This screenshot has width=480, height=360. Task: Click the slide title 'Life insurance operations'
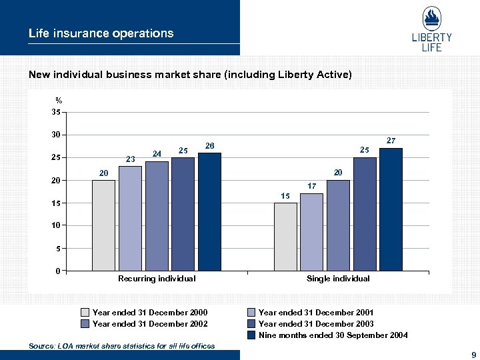click(101, 33)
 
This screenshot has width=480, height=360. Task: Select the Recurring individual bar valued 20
click(103, 225)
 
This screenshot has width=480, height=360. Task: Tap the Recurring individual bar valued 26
click(209, 212)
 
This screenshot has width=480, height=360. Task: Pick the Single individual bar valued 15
click(285, 237)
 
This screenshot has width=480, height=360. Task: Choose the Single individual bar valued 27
click(391, 209)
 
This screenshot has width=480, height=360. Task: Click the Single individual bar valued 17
click(311, 232)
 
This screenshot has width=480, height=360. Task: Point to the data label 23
click(131, 159)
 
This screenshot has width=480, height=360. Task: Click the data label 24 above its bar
click(157, 154)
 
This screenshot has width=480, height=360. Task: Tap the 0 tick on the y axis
click(59, 271)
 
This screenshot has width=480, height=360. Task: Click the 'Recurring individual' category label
click(157, 279)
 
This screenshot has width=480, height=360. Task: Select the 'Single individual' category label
click(338, 279)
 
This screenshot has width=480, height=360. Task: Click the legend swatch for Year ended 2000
click(85, 313)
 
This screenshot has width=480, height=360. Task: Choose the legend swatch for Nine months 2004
click(251, 335)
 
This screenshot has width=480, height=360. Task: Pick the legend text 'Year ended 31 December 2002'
click(150, 324)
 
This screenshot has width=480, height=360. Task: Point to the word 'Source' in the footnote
click(42, 346)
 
